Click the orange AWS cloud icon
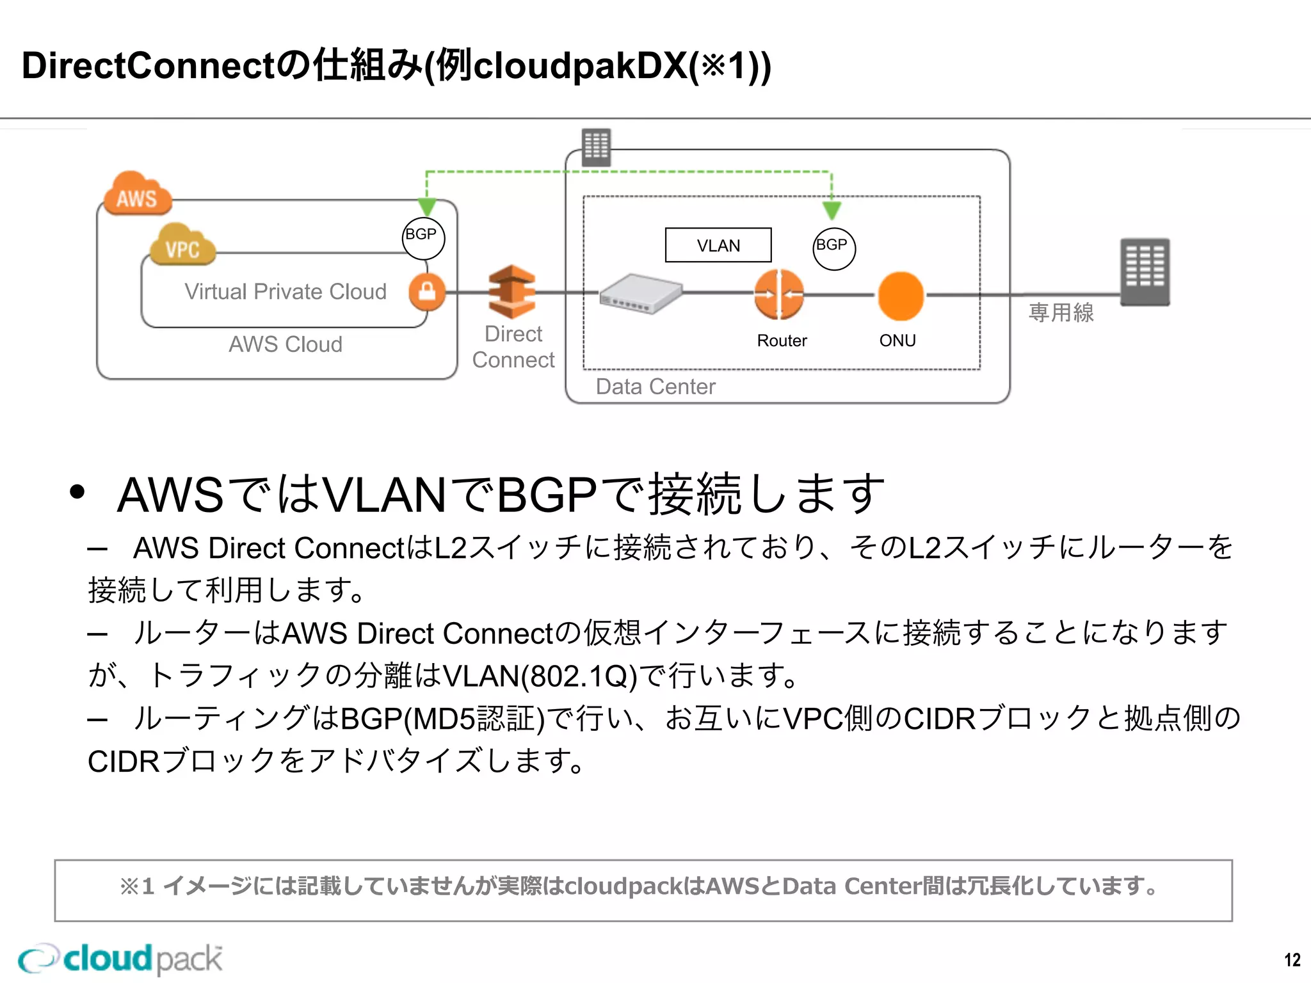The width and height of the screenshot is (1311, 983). (x=138, y=194)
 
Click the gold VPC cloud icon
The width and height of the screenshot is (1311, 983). (x=182, y=245)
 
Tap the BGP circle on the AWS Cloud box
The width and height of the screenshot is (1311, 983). (x=423, y=237)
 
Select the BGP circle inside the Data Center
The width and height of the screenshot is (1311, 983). (x=833, y=248)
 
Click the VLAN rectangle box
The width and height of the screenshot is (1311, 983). (x=718, y=245)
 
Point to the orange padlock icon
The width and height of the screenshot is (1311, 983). (x=427, y=292)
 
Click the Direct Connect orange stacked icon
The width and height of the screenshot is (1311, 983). (x=511, y=292)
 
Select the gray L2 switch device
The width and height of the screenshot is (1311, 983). (x=641, y=294)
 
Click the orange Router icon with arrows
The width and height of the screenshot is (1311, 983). (x=779, y=294)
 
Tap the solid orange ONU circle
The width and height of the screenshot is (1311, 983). (x=901, y=296)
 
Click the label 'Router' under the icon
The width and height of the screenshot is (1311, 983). (x=782, y=340)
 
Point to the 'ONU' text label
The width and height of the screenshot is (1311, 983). (x=897, y=340)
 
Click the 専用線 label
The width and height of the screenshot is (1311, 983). (x=1061, y=312)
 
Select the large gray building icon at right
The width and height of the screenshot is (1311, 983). (x=1145, y=272)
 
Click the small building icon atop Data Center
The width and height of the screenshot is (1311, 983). (x=596, y=147)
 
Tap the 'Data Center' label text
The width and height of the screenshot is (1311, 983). (x=655, y=387)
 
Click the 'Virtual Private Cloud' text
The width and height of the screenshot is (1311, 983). (x=286, y=292)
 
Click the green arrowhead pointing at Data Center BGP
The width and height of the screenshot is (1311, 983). (x=832, y=210)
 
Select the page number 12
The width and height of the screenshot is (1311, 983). (x=1292, y=960)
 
